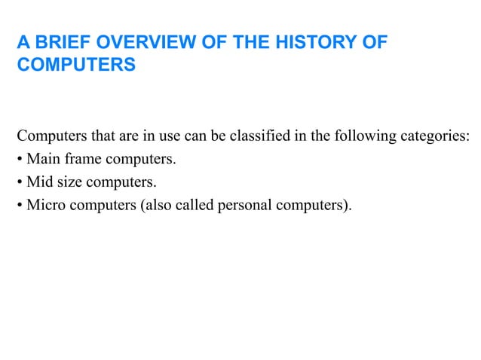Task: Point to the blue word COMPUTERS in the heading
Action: pos(76,65)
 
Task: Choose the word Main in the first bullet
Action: pos(42,159)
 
